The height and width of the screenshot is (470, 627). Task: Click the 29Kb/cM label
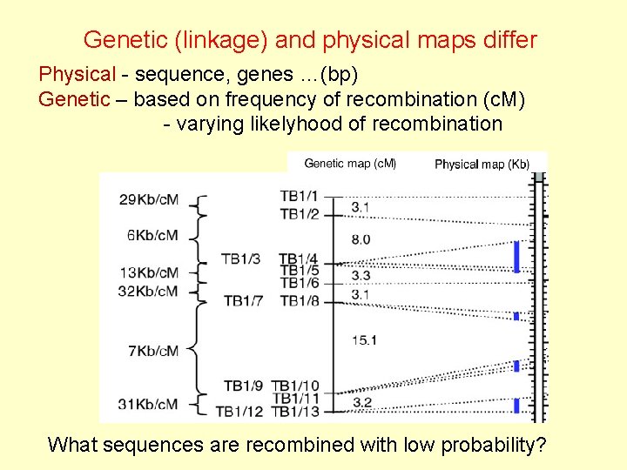[x=150, y=200]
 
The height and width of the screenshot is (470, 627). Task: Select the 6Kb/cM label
[x=153, y=235]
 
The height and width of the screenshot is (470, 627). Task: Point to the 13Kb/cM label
[x=150, y=272]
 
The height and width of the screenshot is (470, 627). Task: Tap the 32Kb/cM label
[x=150, y=291]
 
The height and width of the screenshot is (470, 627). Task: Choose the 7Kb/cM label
[x=153, y=351]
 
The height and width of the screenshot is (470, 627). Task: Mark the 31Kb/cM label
[x=150, y=404]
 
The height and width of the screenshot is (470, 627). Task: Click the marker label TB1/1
[x=300, y=196]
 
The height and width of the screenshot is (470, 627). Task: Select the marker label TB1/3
[x=240, y=258]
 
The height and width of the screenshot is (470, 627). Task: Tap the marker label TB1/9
[x=243, y=386]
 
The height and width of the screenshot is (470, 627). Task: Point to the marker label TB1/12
[x=238, y=412]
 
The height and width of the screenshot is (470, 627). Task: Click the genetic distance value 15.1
[x=363, y=339]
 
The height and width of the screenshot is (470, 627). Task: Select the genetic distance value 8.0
[x=361, y=238]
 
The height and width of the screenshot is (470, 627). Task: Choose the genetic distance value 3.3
[x=361, y=275]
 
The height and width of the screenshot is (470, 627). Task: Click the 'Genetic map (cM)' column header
[x=350, y=163]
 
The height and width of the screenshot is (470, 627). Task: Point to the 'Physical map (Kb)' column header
[x=482, y=164]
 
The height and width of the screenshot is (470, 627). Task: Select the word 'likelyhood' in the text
[x=291, y=124]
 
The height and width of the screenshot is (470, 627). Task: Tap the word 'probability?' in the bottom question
[x=494, y=445]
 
